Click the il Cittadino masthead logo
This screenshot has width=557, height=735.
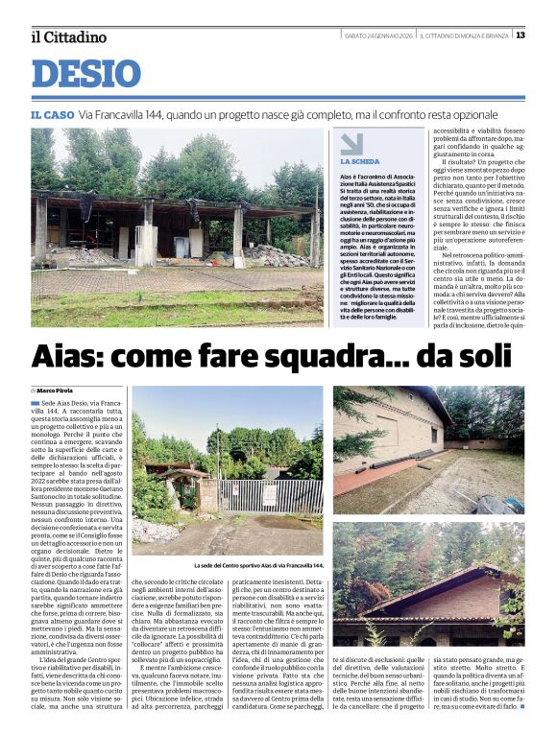[x=68, y=36]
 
